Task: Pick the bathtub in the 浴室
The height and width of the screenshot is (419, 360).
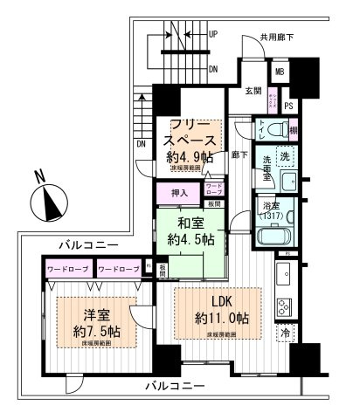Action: click(277, 237)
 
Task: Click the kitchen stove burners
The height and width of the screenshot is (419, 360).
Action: click(285, 306)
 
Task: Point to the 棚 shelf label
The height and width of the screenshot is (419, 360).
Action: click(293, 129)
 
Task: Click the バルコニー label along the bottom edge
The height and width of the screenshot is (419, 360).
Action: click(177, 386)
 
